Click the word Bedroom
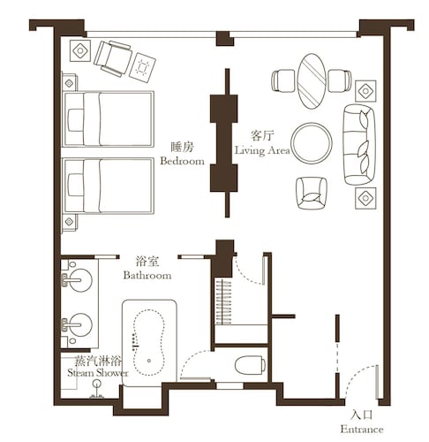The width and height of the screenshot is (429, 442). click(182, 161)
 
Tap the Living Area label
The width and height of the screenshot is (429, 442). click(262, 150)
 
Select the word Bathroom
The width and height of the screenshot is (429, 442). click(147, 275)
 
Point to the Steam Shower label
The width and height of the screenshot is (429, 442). click(98, 373)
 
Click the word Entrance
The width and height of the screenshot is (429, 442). click(362, 429)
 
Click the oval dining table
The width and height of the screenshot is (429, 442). click(312, 81)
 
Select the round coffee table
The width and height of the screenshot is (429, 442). click(312, 143)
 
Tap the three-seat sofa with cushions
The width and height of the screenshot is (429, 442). click(359, 145)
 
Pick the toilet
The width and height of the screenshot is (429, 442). click(250, 365)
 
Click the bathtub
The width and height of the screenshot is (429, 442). click(149, 342)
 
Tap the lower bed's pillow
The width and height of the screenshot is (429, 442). click(76, 185)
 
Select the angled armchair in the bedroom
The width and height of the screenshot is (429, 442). click(112, 58)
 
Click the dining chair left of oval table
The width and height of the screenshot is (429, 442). click(283, 80)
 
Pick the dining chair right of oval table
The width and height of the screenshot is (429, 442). click(340, 80)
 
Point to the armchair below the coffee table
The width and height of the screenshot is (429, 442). click(312, 193)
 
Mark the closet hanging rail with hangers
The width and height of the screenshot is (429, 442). click(223, 302)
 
